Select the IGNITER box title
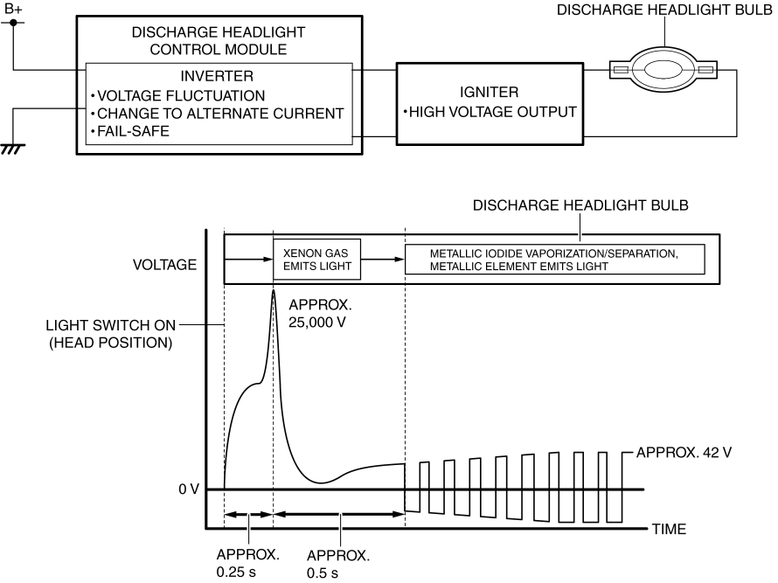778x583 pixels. pos(490,93)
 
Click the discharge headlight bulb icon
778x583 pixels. pos(663,68)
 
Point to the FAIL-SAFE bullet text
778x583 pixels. pos(130,131)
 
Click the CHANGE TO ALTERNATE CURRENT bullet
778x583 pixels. pos(219,113)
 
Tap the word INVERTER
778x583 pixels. pos(217,75)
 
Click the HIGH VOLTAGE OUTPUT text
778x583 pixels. pos(490,112)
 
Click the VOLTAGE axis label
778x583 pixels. pos(164,264)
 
